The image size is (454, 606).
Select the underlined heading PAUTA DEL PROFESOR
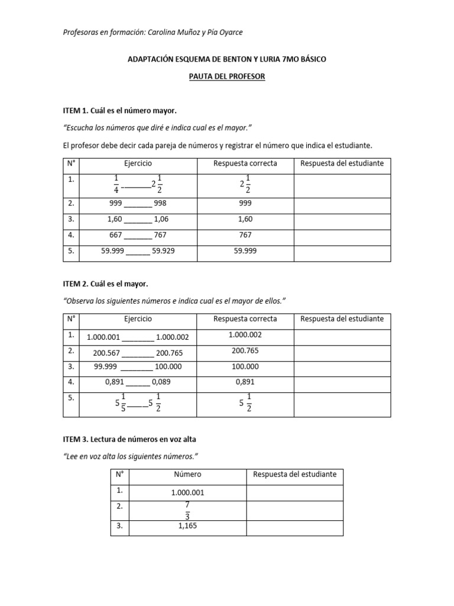tap(226, 78)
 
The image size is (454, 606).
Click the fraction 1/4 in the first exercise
tap(116, 184)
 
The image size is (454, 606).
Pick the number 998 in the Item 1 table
tap(160, 203)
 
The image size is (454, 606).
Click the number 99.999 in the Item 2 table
tap(107, 367)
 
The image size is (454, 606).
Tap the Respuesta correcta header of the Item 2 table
tap(245, 319)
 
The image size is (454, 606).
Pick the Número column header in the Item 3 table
tap(187, 475)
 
